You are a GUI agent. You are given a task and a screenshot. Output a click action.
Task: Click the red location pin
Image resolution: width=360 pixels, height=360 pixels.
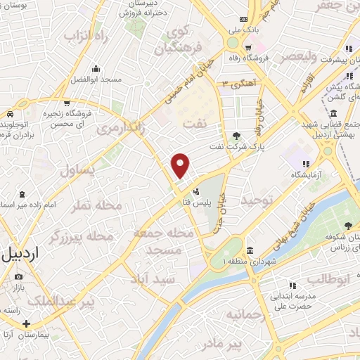click(x=181, y=165)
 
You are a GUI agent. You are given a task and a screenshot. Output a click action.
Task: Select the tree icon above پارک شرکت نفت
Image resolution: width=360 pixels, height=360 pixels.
click(x=235, y=136)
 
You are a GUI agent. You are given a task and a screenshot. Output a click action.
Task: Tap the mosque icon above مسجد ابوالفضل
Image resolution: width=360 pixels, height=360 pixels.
click(x=96, y=69)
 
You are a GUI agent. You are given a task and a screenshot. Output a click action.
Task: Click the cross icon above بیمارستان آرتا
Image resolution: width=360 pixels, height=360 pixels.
click(x=26, y=324)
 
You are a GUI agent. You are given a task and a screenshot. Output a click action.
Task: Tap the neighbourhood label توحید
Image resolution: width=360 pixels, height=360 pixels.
click(x=257, y=201)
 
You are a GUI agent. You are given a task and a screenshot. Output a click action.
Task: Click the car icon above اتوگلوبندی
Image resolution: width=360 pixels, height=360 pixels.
click(x=10, y=114)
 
